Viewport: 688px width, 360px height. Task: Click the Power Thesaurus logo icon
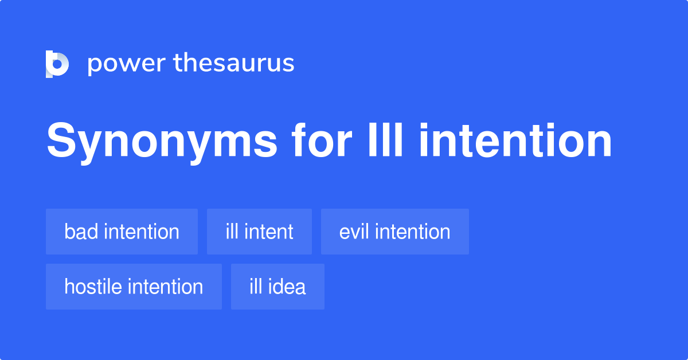tap(57, 64)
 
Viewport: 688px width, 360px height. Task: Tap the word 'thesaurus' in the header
tap(234, 63)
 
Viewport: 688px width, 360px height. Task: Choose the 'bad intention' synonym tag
tap(122, 232)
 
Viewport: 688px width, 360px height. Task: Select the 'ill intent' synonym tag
tap(259, 232)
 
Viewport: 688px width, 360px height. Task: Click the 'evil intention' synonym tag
tap(394, 232)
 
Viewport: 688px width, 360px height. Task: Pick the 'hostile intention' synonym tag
tap(134, 287)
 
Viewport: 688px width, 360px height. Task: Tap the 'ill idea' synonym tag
tap(277, 287)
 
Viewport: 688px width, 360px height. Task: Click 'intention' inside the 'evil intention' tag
tap(412, 232)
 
